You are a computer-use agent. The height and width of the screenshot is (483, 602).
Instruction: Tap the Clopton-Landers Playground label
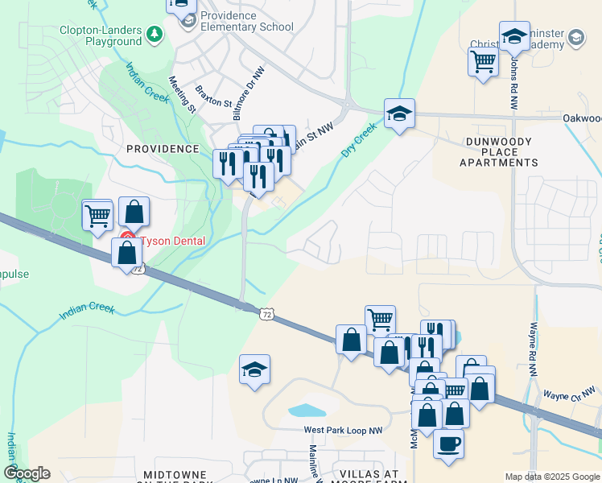click(101, 35)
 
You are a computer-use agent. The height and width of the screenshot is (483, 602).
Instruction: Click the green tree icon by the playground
click(154, 34)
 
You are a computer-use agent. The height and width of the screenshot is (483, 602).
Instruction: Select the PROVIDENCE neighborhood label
click(163, 149)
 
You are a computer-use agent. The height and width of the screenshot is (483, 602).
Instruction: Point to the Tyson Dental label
click(172, 241)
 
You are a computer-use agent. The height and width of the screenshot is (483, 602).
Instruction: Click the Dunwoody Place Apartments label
click(499, 152)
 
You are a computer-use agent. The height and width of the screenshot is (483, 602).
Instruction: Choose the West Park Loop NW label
click(343, 431)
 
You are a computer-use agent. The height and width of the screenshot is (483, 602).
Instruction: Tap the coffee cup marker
click(448, 442)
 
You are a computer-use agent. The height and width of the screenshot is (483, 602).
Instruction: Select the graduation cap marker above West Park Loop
click(254, 369)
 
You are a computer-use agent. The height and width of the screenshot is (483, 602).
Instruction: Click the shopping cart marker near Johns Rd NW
click(483, 61)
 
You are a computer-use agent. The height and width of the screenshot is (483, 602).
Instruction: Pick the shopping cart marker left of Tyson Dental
click(97, 215)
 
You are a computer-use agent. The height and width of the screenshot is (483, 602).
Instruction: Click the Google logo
click(27, 473)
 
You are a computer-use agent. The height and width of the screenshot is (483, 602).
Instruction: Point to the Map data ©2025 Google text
click(552, 477)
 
